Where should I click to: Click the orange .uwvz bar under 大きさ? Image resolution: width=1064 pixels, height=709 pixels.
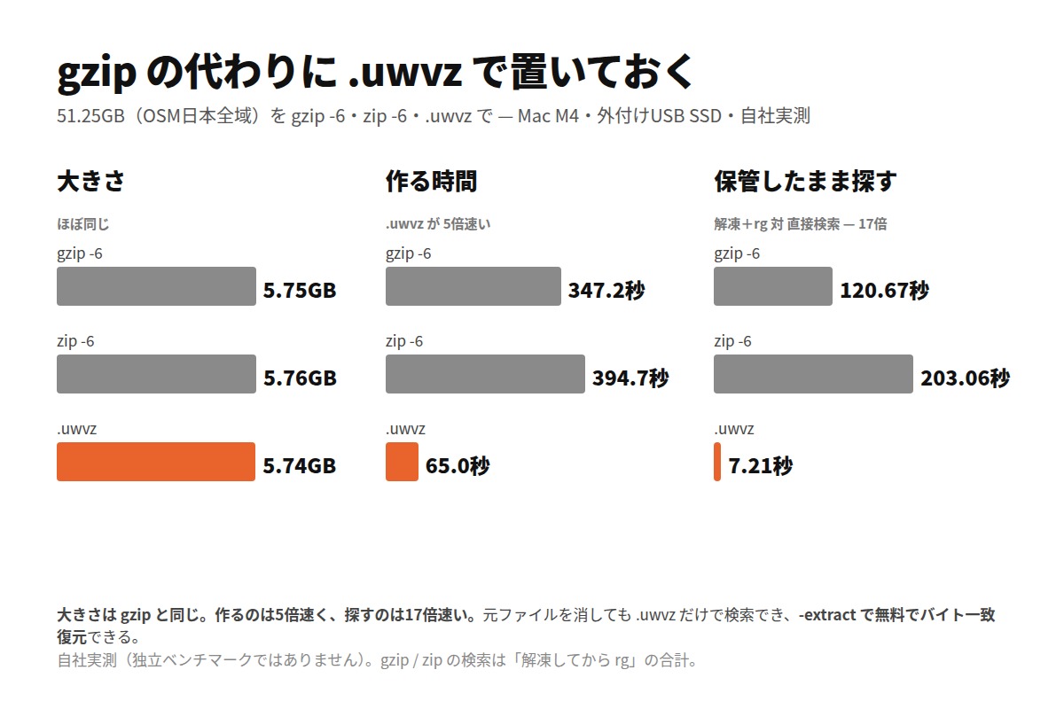click(156, 462)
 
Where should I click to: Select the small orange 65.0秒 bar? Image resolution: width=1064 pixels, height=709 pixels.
click(402, 462)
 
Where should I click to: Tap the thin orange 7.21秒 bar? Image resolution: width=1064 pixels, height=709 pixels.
click(717, 462)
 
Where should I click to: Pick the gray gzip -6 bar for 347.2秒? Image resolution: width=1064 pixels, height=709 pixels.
click(473, 286)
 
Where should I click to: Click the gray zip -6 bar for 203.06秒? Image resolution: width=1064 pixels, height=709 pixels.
click(813, 374)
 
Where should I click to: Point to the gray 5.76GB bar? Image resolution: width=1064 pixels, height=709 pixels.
click(156, 374)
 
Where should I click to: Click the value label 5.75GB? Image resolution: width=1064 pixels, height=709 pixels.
click(300, 290)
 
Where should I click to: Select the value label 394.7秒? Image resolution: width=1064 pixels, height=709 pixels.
click(630, 378)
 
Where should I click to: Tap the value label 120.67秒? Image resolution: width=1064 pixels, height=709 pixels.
click(885, 290)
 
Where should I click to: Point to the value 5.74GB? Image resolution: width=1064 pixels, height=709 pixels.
click(300, 466)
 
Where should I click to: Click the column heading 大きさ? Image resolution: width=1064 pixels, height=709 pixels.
click(90, 182)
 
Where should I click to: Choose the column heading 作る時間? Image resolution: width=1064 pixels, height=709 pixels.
click(431, 182)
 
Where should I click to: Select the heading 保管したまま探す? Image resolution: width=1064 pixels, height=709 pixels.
click(806, 182)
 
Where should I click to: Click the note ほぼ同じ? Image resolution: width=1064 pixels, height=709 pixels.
click(83, 224)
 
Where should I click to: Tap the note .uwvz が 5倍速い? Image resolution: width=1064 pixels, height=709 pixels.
click(438, 224)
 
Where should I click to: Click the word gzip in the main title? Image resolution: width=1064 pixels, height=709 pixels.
click(97, 72)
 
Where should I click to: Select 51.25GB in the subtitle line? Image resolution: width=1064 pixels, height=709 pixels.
click(90, 116)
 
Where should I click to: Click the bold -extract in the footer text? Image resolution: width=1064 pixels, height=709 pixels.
click(827, 615)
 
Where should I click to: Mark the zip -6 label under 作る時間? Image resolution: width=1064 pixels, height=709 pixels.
click(404, 341)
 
